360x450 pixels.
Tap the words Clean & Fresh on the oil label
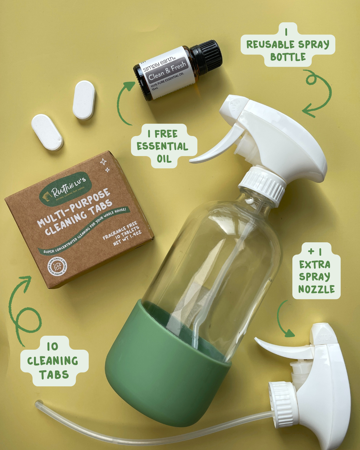167,71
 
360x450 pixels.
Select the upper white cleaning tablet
84,100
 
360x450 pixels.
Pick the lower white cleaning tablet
47,132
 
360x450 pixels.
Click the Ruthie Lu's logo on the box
65,189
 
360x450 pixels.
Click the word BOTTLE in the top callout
288,57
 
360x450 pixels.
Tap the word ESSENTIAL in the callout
162,146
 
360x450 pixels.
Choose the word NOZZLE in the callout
316,289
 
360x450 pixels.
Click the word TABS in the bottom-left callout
54,375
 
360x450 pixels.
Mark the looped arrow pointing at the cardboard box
23,310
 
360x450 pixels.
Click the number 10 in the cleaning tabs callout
52,347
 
